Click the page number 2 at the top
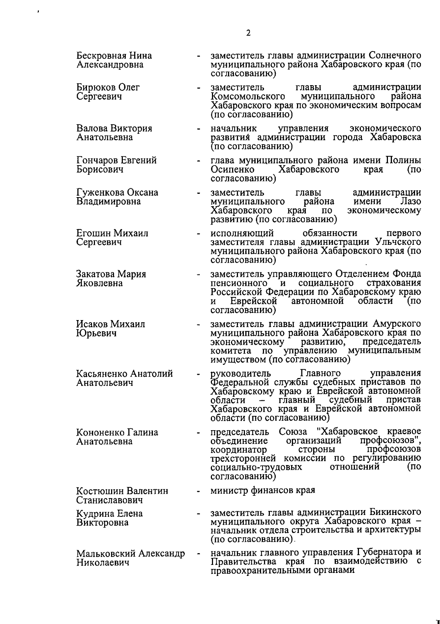click(x=248, y=33)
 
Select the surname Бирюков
click(x=96, y=88)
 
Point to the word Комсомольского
click(x=248, y=97)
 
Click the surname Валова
click(x=92, y=129)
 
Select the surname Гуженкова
click(x=100, y=193)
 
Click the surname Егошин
click(x=93, y=233)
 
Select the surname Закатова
click(x=95, y=274)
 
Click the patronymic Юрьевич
click(x=96, y=333)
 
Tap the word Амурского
click(x=396, y=324)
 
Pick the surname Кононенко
click(x=100, y=432)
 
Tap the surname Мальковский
click(x=106, y=554)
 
